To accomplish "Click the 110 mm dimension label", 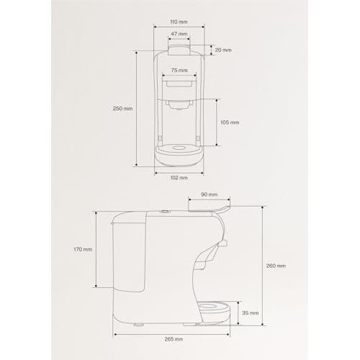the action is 179,22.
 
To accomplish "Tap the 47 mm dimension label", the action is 179,34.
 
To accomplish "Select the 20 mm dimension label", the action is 223,50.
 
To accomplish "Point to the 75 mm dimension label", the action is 179,71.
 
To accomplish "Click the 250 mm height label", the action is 122,109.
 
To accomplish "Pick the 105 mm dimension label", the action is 230,122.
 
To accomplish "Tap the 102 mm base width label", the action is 179,178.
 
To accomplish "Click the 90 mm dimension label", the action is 210,194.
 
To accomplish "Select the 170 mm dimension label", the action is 83,249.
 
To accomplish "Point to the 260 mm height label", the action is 276,266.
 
